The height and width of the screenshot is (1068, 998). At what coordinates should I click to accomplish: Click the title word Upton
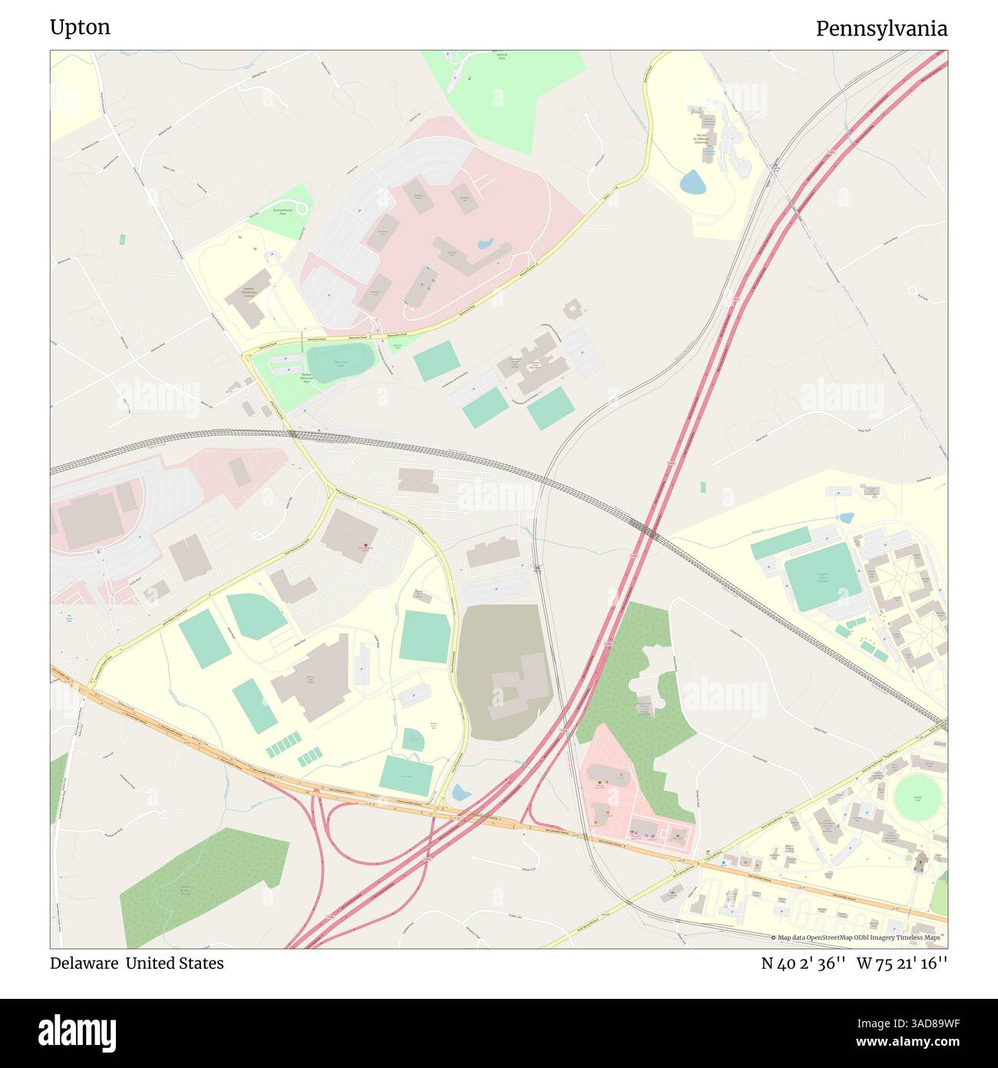coord(80,28)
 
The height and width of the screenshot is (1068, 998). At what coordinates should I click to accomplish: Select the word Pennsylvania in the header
coord(881,29)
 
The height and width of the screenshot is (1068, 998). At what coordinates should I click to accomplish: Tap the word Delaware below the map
coord(84,963)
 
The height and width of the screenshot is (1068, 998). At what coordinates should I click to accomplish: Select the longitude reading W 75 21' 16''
coord(902,963)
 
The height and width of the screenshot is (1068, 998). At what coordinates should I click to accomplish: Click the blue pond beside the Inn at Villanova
coord(692,183)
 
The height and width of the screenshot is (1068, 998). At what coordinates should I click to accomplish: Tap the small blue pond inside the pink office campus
coord(485,245)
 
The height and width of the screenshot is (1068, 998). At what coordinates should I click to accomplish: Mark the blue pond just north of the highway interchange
coord(460,791)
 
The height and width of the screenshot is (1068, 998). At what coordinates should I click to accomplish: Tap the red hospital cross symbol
coord(365,546)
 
